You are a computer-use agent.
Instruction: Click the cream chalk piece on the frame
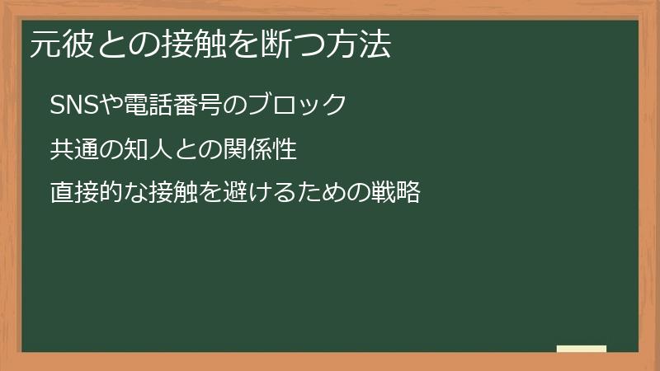pyautogui.click(x=582, y=349)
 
